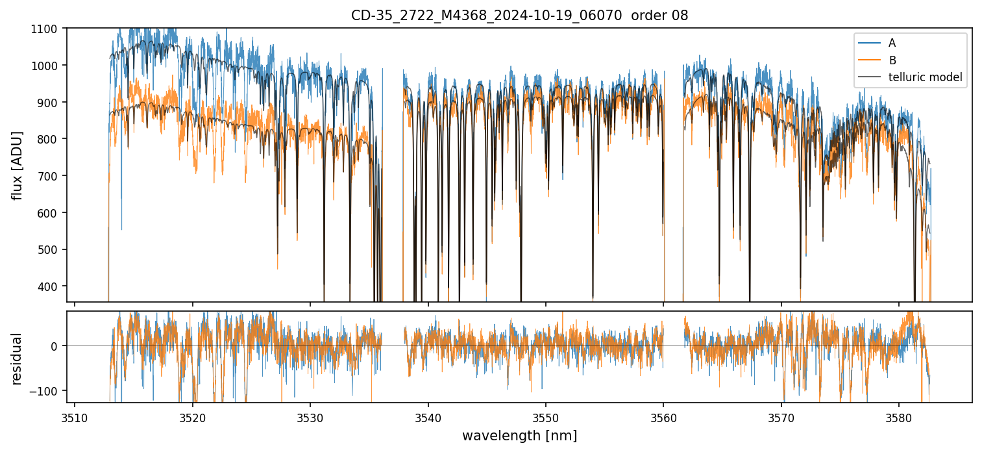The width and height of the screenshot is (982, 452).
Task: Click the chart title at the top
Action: click(x=519, y=16)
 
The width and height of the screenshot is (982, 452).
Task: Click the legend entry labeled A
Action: click(x=892, y=43)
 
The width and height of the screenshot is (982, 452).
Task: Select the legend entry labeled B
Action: click(x=892, y=60)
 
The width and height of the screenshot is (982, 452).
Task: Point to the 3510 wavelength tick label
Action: click(x=75, y=416)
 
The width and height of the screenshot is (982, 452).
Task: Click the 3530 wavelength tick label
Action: click(x=310, y=416)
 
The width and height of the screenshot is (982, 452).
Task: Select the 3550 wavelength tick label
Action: click(x=546, y=416)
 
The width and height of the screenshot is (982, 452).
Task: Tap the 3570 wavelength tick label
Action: click(x=781, y=416)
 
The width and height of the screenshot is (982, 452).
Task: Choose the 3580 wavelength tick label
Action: click(x=899, y=416)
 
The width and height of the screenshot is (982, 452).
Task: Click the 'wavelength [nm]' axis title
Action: click(x=519, y=435)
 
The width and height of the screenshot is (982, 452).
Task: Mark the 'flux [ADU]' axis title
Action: click(x=17, y=165)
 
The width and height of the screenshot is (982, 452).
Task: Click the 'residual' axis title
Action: click(x=17, y=358)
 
